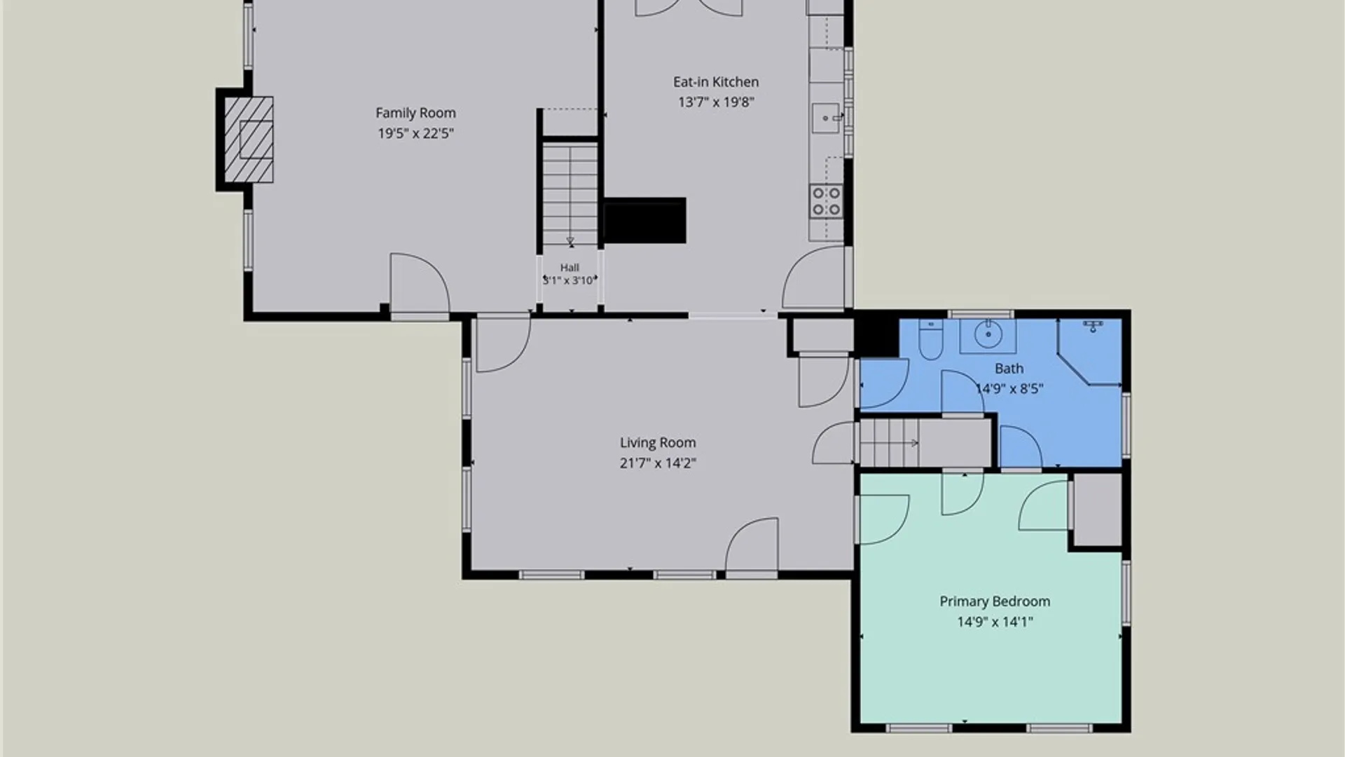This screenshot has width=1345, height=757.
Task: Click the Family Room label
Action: [x=415, y=113]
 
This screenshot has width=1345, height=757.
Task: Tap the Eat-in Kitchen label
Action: [x=716, y=82]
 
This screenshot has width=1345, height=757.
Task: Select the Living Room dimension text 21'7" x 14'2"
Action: [x=658, y=463]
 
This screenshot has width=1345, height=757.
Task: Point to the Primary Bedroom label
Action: [x=995, y=601]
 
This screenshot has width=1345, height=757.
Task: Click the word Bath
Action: [x=1009, y=369]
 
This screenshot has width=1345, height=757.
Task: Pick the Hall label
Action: [x=570, y=268]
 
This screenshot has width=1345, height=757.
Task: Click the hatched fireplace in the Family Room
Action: [x=249, y=139]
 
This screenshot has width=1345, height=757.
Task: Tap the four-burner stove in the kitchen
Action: [x=827, y=201]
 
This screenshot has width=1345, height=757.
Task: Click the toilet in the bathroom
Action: [x=931, y=340]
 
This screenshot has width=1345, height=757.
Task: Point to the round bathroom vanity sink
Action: [x=988, y=334]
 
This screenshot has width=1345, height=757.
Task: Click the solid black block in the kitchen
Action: [x=644, y=221]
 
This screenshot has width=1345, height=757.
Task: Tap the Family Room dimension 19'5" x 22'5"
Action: [x=415, y=133]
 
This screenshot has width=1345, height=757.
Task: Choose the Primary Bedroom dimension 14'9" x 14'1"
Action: [x=995, y=622]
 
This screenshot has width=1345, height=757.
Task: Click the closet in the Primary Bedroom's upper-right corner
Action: [x=1098, y=510]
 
